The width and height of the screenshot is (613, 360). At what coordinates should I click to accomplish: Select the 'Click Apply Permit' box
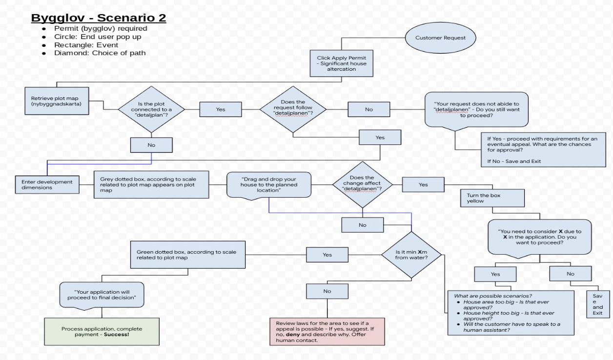(341, 63)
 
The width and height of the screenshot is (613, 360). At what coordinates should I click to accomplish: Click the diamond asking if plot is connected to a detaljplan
(151, 109)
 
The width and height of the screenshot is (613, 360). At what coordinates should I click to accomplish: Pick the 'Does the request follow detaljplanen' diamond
(292, 109)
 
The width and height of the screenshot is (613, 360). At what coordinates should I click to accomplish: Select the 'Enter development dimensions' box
(47, 185)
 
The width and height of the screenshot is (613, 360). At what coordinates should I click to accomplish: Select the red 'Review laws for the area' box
(327, 331)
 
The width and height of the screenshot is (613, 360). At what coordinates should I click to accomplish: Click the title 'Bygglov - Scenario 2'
(99, 19)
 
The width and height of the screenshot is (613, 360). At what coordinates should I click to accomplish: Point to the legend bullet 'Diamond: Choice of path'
(100, 53)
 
